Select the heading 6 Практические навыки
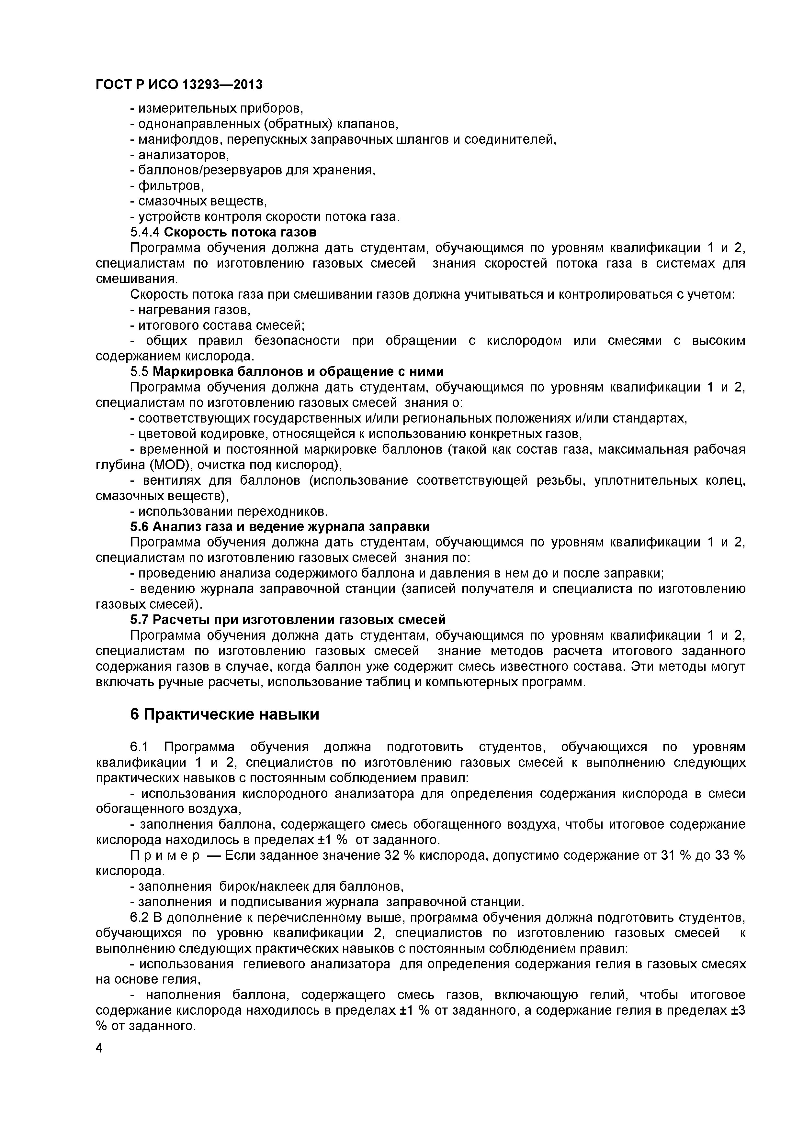225,714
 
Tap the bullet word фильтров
171,186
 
